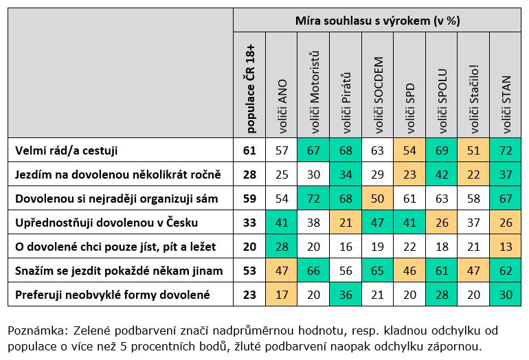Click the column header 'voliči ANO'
tap(282, 106)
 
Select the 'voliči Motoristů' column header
tap(314, 92)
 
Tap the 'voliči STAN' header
tap(506, 104)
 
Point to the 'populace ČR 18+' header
tap(249, 89)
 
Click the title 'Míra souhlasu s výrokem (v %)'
tap(378, 21)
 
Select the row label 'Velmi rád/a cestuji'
tap(66, 150)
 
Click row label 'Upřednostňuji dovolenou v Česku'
tap(106, 223)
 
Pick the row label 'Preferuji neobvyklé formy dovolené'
tap(113, 295)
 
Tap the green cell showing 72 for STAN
tap(506, 150)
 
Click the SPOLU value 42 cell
tap(442, 174)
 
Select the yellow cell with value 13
tap(506, 247)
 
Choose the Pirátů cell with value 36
tap(346, 295)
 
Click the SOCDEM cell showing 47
tap(378, 223)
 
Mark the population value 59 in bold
tap(249, 199)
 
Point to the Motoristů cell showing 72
tap(314, 199)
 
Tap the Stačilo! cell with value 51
tap(473, 150)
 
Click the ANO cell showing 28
tap(282, 247)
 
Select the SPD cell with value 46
tap(409, 271)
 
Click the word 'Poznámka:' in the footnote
tap(38, 330)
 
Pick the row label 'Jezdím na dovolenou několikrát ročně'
tap(117, 174)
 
